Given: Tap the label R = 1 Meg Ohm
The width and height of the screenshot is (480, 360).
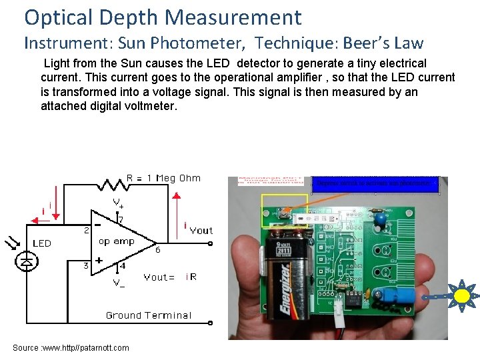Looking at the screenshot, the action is click(x=163, y=178).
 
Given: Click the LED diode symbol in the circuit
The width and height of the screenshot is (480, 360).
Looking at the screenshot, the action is click(x=26, y=261).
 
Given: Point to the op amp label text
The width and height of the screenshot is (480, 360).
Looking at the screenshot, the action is click(x=117, y=241).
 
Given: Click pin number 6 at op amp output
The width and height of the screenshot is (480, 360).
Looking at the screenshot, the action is click(x=157, y=250).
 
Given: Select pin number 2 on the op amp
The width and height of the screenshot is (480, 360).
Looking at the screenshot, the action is click(x=85, y=231).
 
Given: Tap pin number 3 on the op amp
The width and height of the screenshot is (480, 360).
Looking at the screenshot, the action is click(x=85, y=266).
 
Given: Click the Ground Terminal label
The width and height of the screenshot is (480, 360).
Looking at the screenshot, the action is click(x=148, y=315).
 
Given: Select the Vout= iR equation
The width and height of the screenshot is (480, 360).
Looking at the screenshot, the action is click(x=170, y=277).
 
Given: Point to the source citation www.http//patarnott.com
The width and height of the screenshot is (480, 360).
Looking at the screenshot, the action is click(x=71, y=347).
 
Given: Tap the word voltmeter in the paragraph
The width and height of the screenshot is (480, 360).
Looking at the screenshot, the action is click(x=143, y=105).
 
